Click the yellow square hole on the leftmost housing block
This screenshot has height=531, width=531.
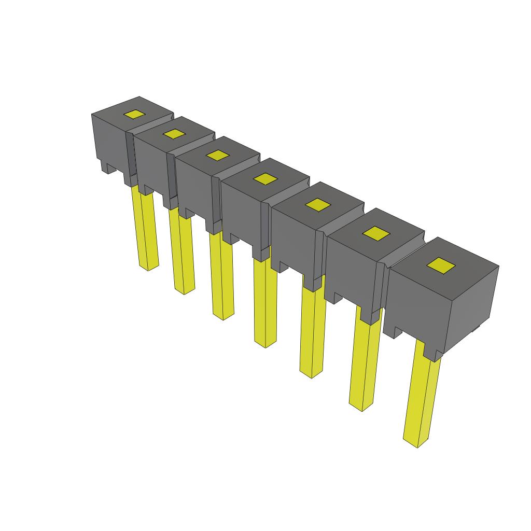pyautogui.click(x=134, y=115)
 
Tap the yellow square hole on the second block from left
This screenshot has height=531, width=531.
pyautogui.click(x=174, y=134)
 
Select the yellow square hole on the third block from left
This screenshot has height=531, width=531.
pyautogui.click(x=218, y=155)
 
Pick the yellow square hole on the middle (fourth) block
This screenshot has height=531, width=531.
pyautogui.click(x=266, y=179)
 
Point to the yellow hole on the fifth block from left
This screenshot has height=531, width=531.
pyautogui.click(x=318, y=205)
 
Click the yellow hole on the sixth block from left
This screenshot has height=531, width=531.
pyautogui.click(x=376, y=234)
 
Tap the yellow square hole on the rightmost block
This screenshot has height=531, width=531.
pyautogui.click(x=440, y=266)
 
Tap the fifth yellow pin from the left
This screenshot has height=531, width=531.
pyautogui.click(x=313, y=332)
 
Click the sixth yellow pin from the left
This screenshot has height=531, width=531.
pyautogui.click(x=365, y=363)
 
